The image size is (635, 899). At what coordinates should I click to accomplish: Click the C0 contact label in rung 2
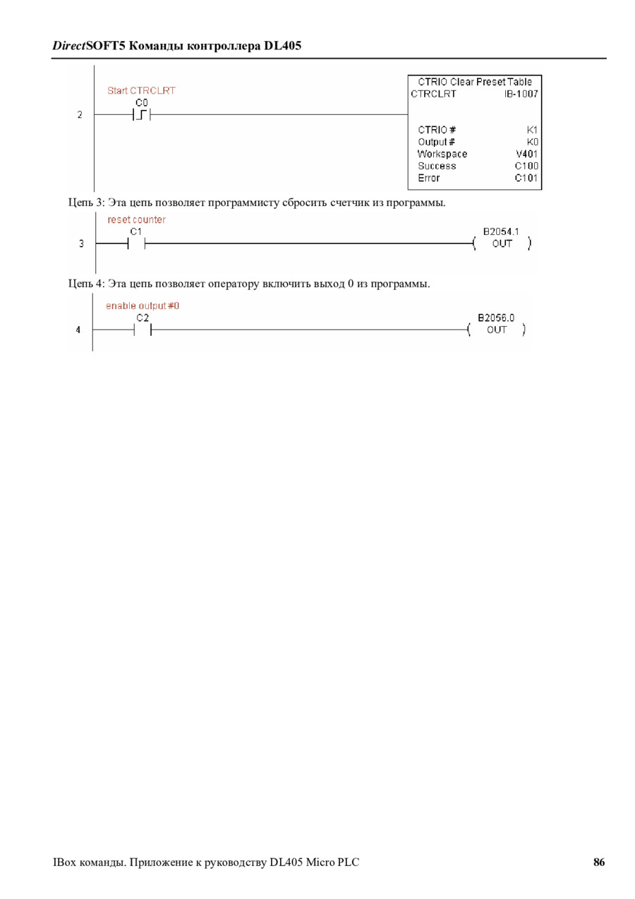tap(142, 102)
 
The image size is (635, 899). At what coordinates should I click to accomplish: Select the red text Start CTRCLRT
tap(141, 91)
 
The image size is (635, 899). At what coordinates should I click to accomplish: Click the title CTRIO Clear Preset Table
tap(475, 82)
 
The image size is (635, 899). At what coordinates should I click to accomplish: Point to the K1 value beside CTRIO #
tap(532, 130)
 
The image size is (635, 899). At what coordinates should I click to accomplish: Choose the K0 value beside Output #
tap(532, 142)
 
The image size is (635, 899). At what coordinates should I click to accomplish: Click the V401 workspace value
tap(527, 154)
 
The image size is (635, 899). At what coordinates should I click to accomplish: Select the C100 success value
tap(526, 166)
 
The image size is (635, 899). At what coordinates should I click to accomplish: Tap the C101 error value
tap(526, 178)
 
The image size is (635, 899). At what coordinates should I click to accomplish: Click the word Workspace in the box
tap(442, 154)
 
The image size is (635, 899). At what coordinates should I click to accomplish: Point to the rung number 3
tap(81, 244)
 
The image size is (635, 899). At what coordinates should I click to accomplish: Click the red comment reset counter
tap(136, 220)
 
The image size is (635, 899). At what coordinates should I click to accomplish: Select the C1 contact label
tap(136, 231)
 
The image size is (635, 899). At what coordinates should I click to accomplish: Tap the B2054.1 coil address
tap(501, 231)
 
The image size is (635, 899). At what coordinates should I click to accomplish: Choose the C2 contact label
tap(143, 318)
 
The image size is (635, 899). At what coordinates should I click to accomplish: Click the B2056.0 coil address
tap(496, 318)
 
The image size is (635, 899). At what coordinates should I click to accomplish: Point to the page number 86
tap(599, 862)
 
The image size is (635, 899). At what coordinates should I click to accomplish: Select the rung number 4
tap(79, 330)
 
